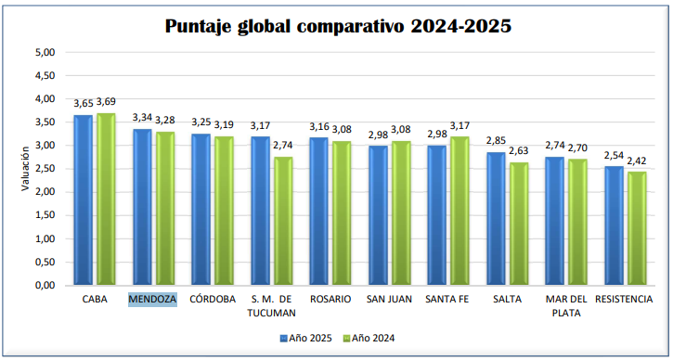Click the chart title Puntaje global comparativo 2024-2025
pos(338,26)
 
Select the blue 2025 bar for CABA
pos(83,199)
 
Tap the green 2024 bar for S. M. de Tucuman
pos(283,221)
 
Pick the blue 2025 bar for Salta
pos(495,218)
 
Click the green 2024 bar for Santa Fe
pos(459,211)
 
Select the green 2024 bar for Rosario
pos(342,212)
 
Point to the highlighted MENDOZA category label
pos(152,300)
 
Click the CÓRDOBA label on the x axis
pos(211,300)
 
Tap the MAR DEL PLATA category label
pos(564,305)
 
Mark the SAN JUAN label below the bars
pos(388,300)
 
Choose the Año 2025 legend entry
pos(305,339)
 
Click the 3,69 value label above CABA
pos(108,101)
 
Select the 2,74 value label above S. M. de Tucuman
pos(284,146)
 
